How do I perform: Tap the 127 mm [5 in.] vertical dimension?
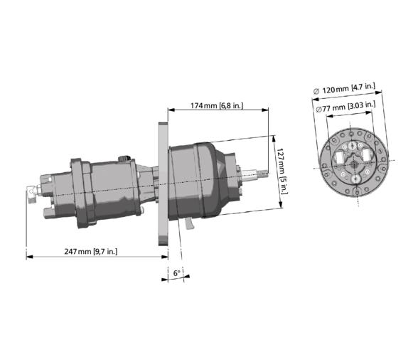pos(282,168)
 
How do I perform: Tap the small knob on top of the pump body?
pos(125,158)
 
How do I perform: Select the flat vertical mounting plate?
pos(161,185)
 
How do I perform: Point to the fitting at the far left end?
pos(31,190)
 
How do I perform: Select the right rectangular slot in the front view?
pos(365,157)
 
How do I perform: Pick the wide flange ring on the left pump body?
pos(79,192)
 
